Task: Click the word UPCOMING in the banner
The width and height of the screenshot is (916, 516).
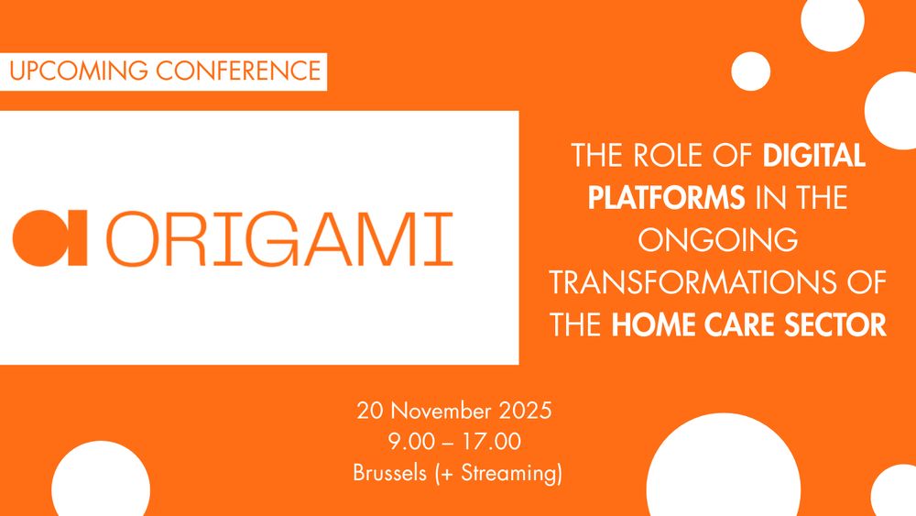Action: pos(78,71)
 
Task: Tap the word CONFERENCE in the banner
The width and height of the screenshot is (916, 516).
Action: pos(238,71)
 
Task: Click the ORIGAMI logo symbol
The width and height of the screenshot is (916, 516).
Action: pos(49,238)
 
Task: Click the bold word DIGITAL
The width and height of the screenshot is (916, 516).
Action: pos(813,156)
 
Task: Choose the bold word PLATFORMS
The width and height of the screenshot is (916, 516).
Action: pos(666,198)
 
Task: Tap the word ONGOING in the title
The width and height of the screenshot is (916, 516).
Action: pos(718,240)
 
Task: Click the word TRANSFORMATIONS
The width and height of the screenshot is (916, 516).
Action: pos(692,283)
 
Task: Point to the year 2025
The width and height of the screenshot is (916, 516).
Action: pos(525,411)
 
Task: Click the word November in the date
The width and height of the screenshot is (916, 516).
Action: pos(442,411)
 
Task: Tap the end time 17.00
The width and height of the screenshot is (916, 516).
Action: pos(491,441)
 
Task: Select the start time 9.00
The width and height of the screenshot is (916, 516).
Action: pos(412,441)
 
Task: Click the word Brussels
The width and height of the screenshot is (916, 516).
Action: pos(389,472)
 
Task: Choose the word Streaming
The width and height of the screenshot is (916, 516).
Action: pos(507,472)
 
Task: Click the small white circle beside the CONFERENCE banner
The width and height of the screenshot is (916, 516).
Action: pos(751,71)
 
